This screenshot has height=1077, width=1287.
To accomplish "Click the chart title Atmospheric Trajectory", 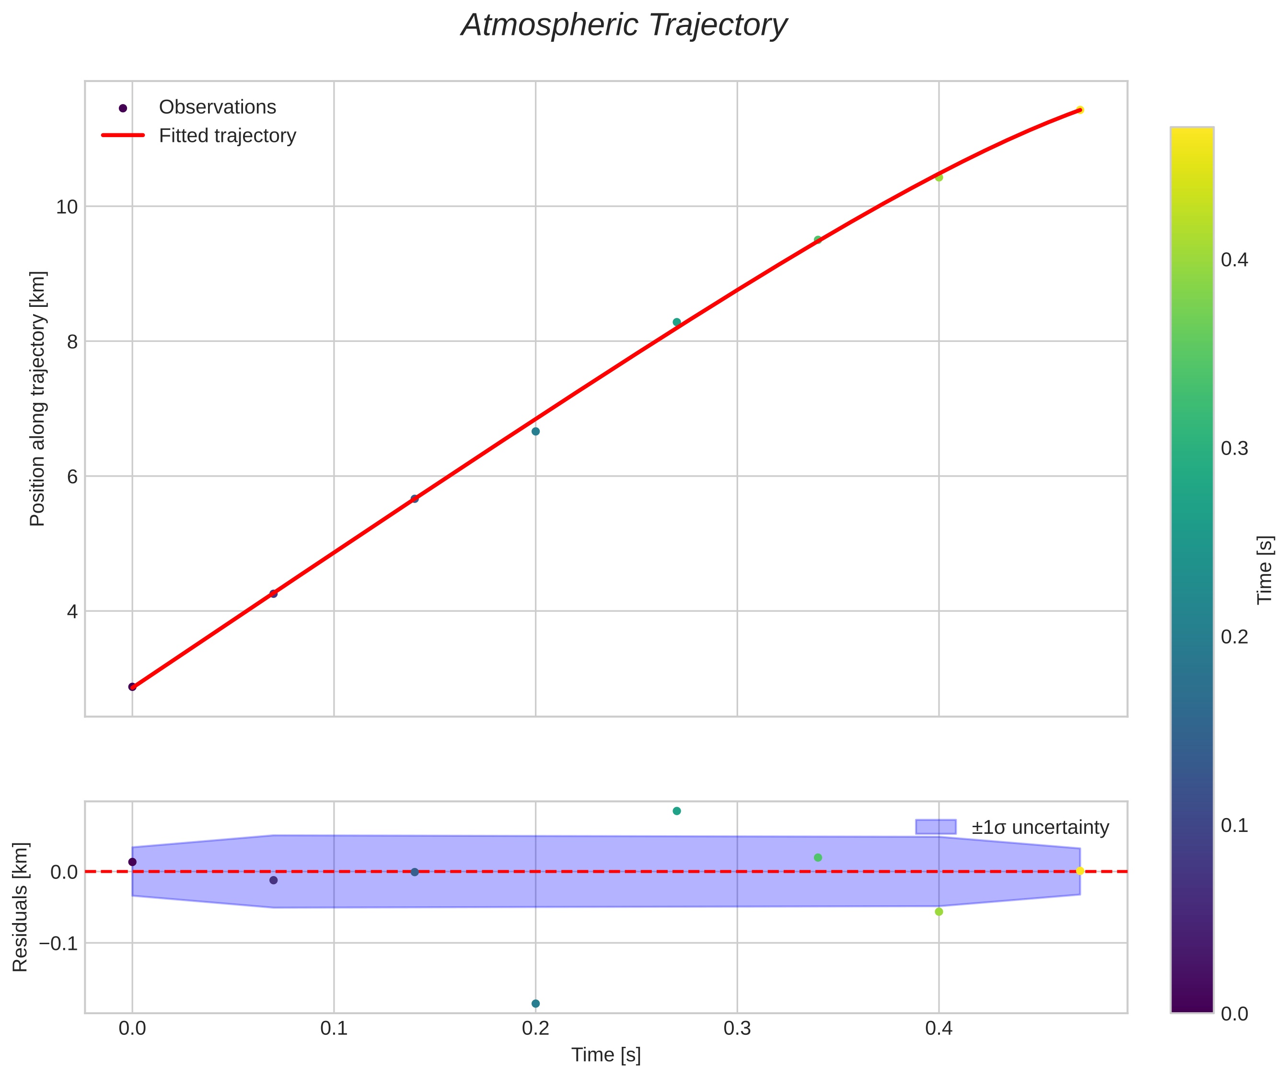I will [x=624, y=26].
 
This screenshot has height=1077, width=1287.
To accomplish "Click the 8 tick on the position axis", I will [x=72, y=342].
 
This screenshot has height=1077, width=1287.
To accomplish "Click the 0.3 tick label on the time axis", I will [x=737, y=1029].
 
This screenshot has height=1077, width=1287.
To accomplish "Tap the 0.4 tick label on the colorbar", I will [x=1234, y=260].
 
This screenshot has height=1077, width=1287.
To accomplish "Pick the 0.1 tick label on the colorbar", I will [x=1234, y=826].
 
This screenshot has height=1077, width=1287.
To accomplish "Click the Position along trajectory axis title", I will [x=37, y=398].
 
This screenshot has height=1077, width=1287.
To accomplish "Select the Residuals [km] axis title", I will [x=20, y=907].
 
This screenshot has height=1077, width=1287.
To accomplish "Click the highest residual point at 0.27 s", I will [x=677, y=811].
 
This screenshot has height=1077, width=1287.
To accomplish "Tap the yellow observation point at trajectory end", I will [x=1080, y=110].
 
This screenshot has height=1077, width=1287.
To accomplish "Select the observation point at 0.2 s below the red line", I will [x=535, y=432].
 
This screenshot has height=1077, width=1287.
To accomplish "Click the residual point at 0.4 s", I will [x=939, y=912].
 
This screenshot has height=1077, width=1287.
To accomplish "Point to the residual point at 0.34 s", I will [x=818, y=857].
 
